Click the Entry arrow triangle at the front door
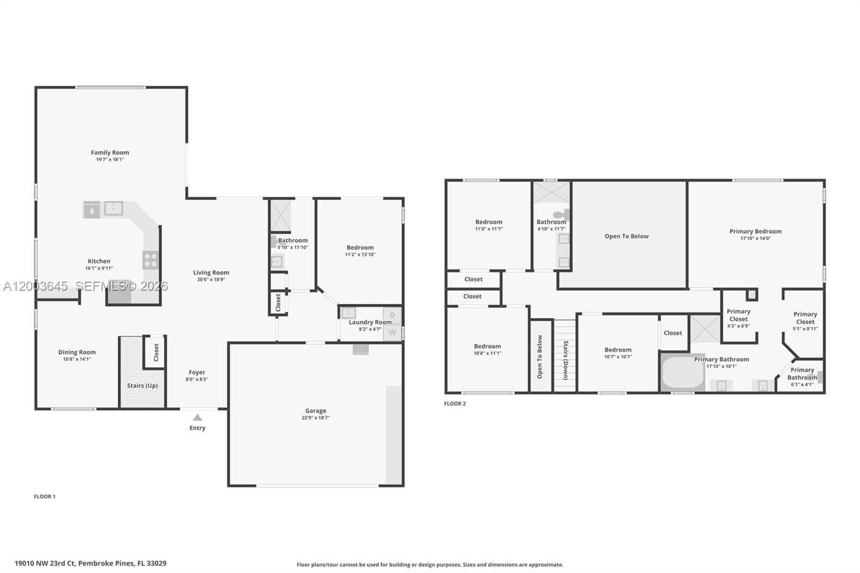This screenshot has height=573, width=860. coord(197,418)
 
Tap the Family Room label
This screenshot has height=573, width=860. coord(110,153)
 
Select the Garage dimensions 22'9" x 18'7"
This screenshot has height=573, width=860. coord(316,418)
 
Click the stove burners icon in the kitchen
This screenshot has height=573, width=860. coord(150,260)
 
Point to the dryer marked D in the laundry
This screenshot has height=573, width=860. coord(392,315)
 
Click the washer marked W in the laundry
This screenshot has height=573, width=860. coord(392,332)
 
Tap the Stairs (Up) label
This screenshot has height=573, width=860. coord(142,385)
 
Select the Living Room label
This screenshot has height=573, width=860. coord(211,273)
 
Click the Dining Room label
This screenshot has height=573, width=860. coord(77,352)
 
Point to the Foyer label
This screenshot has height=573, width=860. coord(197,372)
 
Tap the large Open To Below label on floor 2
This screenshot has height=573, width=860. coord(626,236)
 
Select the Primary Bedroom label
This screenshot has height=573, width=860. coord(755,231)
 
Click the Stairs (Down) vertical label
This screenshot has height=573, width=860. coord(565,360)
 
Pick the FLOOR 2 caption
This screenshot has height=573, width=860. coord(455,404)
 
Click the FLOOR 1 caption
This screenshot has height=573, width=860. coord(45,497)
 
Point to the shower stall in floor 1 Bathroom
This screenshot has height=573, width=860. coord(281,215)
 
